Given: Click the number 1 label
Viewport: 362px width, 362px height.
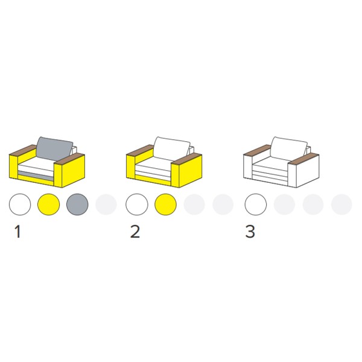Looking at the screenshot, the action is tap(17, 232).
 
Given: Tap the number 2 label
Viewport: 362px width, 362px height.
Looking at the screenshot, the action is tap(135, 232).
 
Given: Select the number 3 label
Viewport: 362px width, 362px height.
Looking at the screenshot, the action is tap(250, 232).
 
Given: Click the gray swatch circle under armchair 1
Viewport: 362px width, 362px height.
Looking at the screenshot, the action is tap(77, 205).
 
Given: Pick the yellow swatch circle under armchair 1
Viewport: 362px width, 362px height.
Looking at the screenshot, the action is tap(48, 205).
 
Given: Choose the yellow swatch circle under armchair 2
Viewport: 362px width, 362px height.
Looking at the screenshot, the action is tap(165, 205).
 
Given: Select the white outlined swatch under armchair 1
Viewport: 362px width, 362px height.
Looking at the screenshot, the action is tap(20, 205).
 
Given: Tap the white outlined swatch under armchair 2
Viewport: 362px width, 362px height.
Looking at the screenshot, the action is tap(137, 205).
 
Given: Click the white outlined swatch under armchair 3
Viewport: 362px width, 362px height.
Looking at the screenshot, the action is tap(256, 205).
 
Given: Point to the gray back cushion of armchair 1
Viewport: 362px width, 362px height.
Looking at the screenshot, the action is tap(55, 148).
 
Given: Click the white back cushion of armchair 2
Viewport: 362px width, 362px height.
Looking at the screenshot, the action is tap(172, 148).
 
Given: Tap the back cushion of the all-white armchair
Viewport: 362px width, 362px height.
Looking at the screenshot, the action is tap(289, 148).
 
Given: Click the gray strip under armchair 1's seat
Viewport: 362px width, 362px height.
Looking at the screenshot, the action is tap(36, 175).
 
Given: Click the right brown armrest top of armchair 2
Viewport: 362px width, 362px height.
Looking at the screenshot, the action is tap(187, 159).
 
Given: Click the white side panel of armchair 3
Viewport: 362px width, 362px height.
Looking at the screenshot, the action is tap(308, 171).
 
